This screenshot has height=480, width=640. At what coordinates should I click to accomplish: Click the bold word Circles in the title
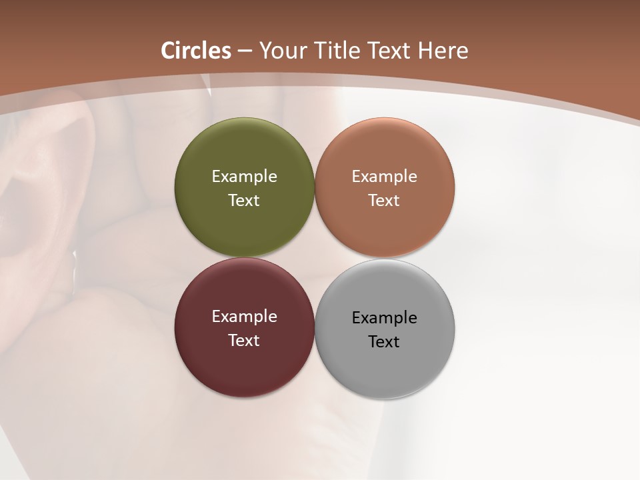195,51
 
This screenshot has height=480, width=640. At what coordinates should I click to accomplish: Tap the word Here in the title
443,51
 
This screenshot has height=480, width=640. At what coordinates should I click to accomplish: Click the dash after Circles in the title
245,51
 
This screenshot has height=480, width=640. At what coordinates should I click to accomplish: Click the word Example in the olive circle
244,176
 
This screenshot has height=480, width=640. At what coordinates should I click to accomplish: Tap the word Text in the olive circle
244,200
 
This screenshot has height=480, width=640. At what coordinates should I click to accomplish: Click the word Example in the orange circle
385,176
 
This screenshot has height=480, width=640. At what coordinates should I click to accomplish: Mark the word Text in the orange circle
385,200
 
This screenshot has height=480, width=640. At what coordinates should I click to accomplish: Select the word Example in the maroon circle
244,316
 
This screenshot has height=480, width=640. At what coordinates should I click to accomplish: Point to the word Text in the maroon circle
244,340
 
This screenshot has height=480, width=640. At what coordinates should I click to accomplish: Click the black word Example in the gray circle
385,317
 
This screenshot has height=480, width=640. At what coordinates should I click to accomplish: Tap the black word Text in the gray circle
385,341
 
